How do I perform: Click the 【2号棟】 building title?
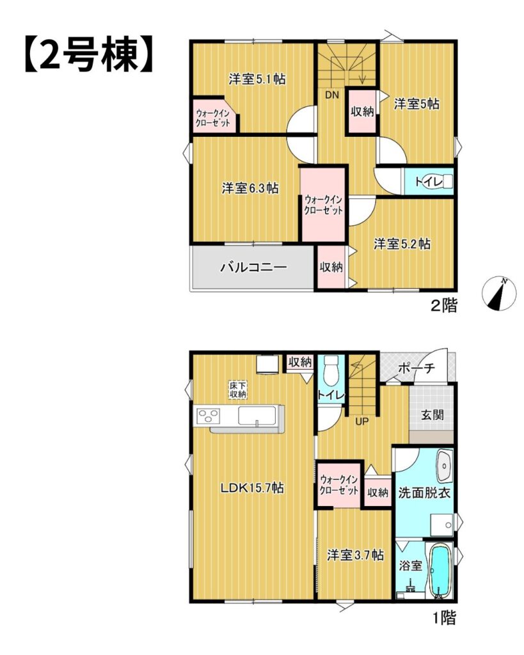click(x=88, y=56)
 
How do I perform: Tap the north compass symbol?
click(x=499, y=294)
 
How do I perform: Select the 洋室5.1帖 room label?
click(x=257, y=79)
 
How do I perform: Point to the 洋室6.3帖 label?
click(x=250, y=188)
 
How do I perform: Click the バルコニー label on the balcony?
click(x=253, y=267)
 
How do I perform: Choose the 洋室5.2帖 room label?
click(x=402, y=244)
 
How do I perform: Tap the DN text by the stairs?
click(x=332, y=95)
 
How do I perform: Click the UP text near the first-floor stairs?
click(x=361, y=422)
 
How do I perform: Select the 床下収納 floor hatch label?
click(x=237, y=390)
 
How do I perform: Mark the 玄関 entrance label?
click(x=432, y=414)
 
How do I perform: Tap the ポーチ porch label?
click(x=416, y=368)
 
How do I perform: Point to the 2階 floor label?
click(x=444, y=305)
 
